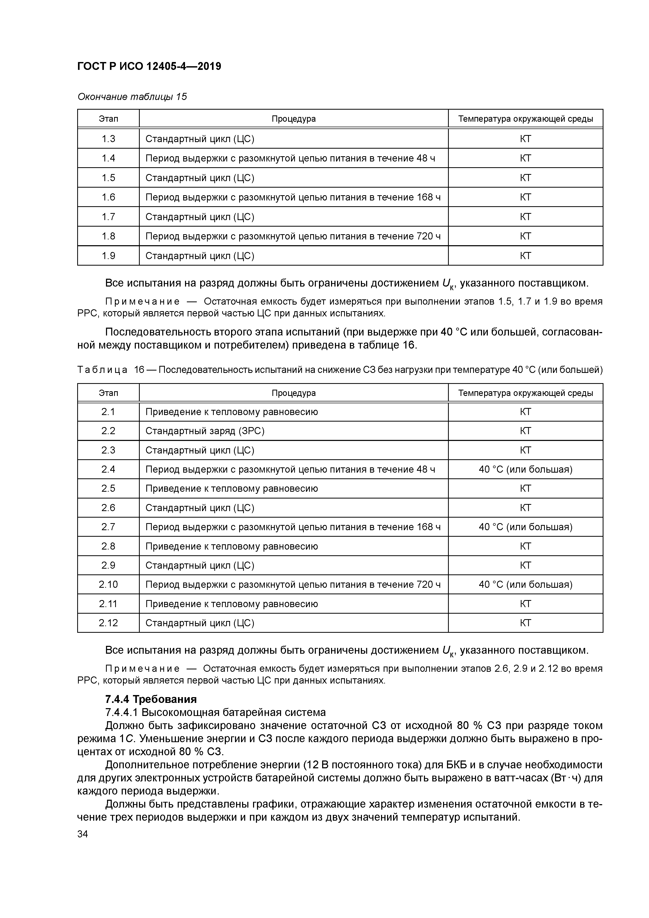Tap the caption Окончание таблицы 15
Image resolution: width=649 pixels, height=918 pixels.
tap(132, 97)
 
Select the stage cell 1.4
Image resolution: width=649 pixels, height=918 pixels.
tap(108, 158)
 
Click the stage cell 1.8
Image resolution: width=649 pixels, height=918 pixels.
tap(108, 236)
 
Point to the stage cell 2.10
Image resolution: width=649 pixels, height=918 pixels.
tap(108, 585)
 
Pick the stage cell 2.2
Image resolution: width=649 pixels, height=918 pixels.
tap(108, 431)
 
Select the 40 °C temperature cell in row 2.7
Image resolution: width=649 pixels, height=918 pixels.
tap(525, 527)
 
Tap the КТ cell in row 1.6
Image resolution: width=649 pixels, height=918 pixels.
tap(525, 197)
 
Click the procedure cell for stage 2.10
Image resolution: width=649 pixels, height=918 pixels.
tap(293, 585)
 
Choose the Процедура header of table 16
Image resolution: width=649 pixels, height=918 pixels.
tap(294, 393)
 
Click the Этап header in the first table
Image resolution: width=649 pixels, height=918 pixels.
tap(108, 119)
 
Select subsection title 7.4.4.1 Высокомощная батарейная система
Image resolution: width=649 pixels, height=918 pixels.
tap(215, 713)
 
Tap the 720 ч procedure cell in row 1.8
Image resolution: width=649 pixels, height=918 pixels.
tap(293, 236)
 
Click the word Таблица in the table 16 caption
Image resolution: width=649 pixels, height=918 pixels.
tap(102, 370)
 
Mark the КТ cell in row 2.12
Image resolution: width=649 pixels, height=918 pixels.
tap(525, 623)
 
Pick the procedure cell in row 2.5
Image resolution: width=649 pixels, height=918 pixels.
tap(232, 489)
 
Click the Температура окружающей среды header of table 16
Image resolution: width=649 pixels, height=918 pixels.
tap(525, 393)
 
